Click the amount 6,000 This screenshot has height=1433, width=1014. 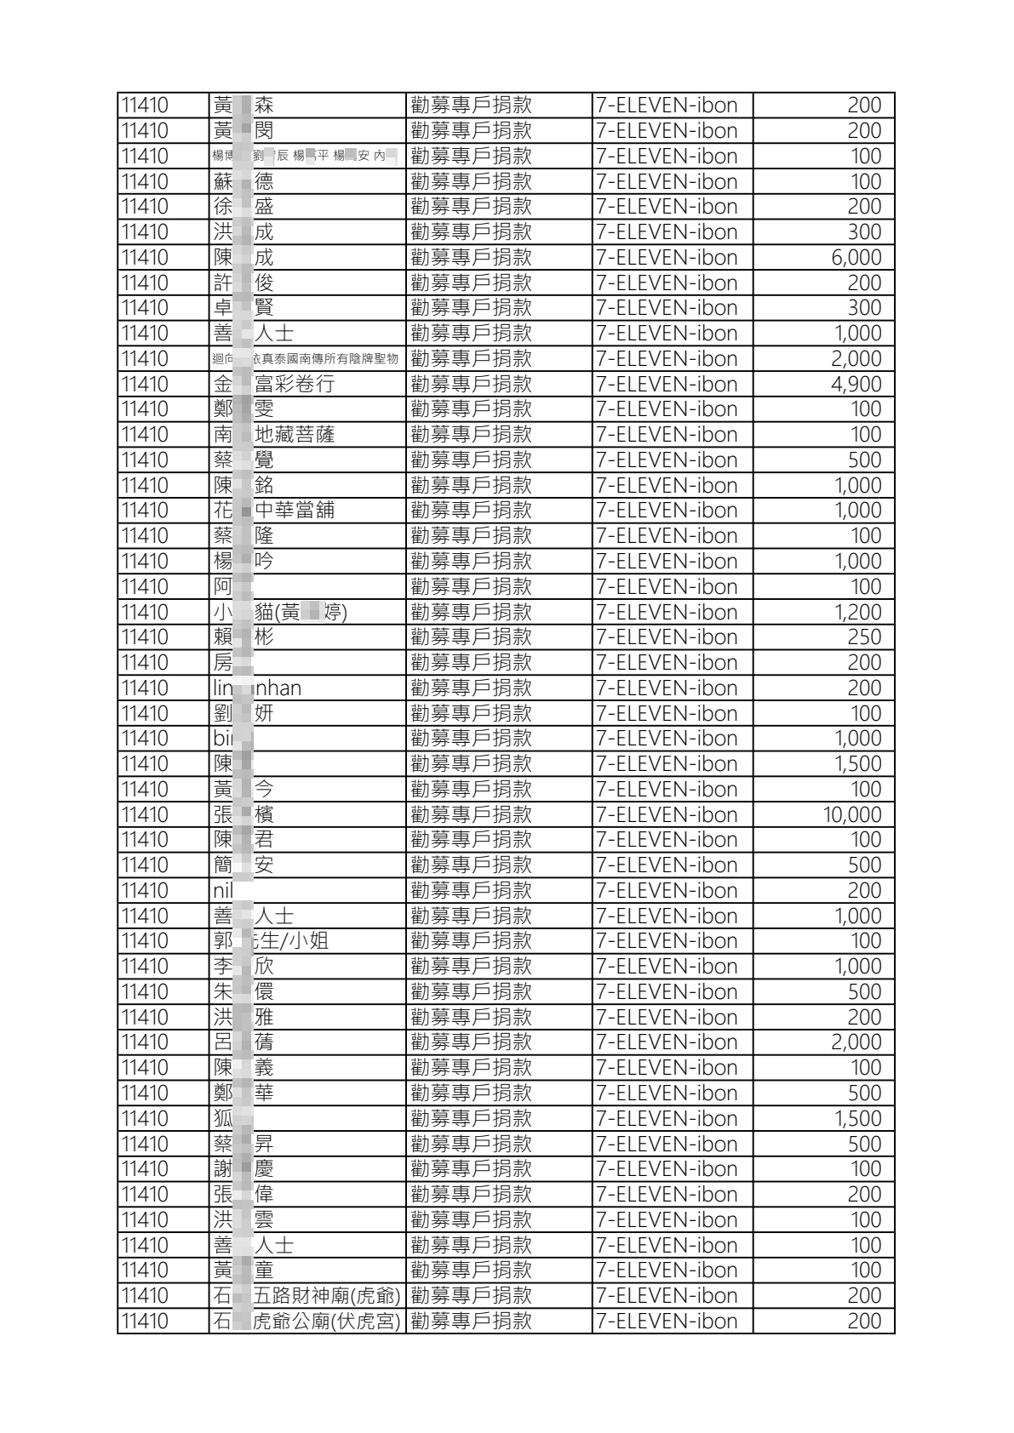coord(856,258)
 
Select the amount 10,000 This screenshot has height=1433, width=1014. coord(851,815)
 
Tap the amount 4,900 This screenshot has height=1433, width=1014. coord(856,385)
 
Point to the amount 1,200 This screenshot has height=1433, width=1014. coord(857,613)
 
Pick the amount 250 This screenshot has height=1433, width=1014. coord(863,637)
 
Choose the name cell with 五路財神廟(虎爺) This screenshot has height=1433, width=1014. coord(306,1296)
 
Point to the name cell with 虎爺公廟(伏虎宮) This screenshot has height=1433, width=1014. coord(306,1322)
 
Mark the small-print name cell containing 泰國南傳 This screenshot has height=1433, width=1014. coord(306,359)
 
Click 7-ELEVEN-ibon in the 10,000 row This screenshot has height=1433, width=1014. coord(667,815)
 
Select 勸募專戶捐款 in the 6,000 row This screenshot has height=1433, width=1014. coord(471,258)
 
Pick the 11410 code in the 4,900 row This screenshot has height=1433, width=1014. coord(145,385)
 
